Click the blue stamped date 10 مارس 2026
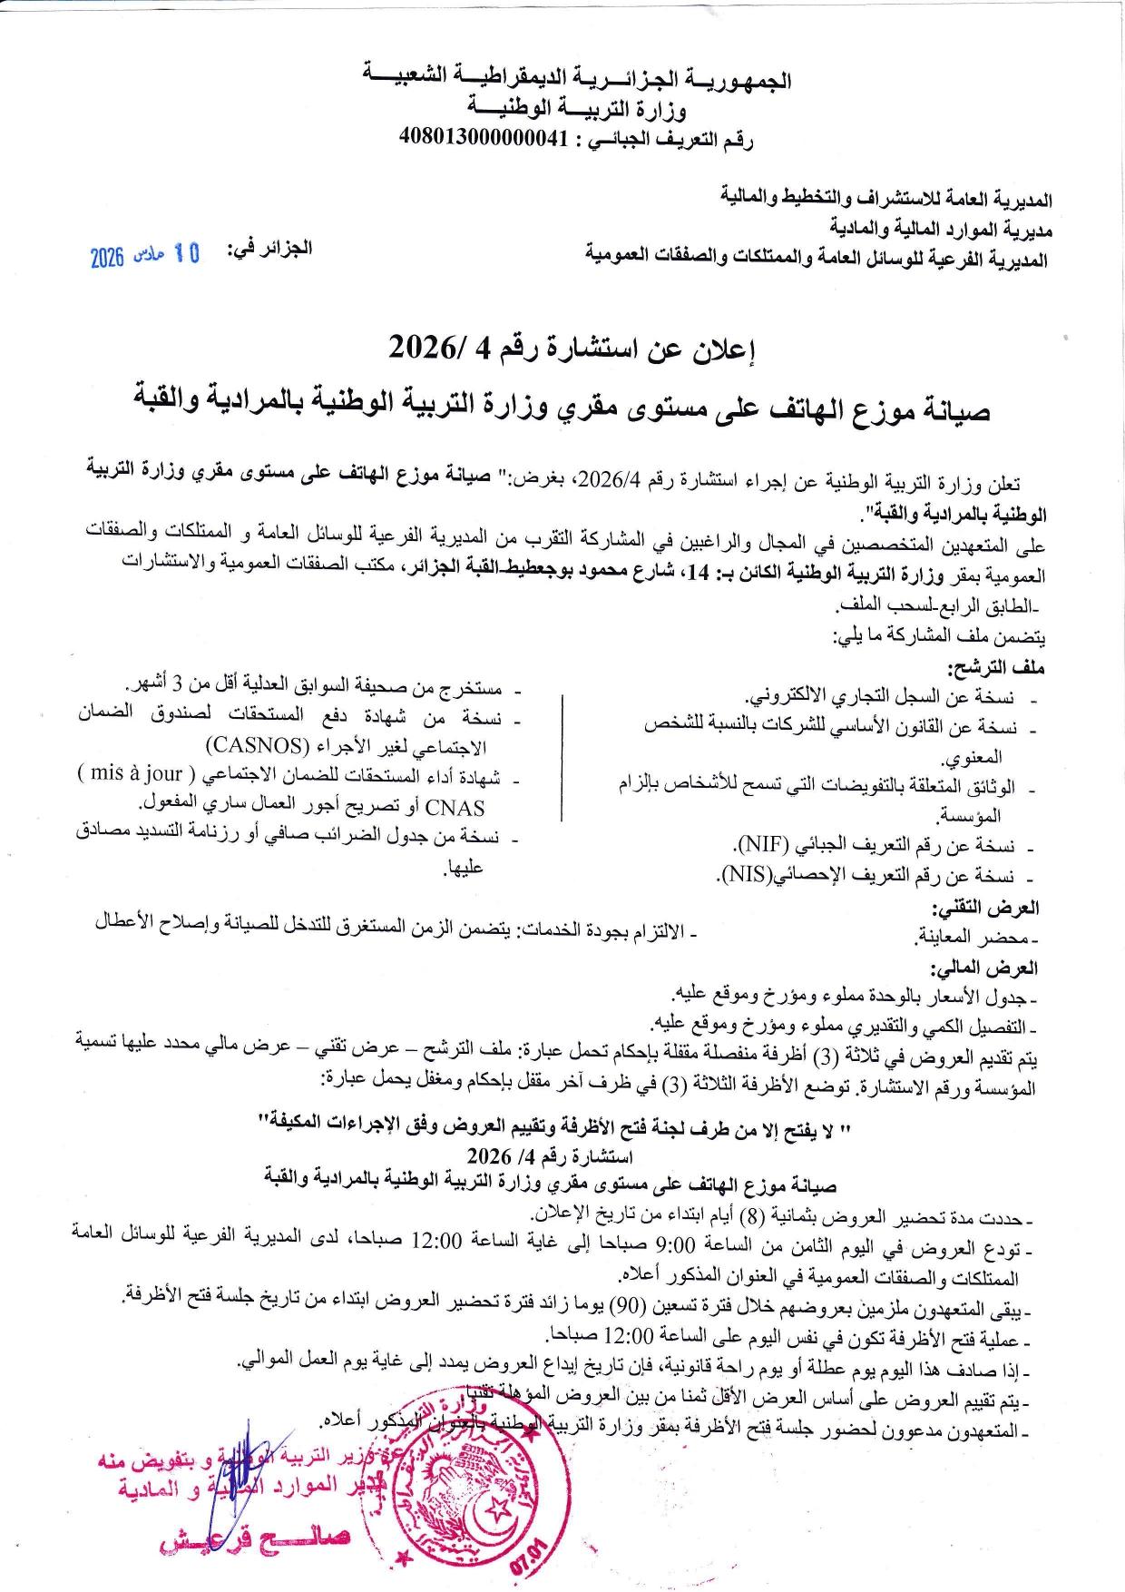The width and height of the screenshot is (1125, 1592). (x=146, y=257)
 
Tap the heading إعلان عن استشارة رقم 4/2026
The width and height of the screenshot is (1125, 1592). (x=572, y=347)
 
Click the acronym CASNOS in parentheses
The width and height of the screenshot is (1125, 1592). (x=261, y=747)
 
